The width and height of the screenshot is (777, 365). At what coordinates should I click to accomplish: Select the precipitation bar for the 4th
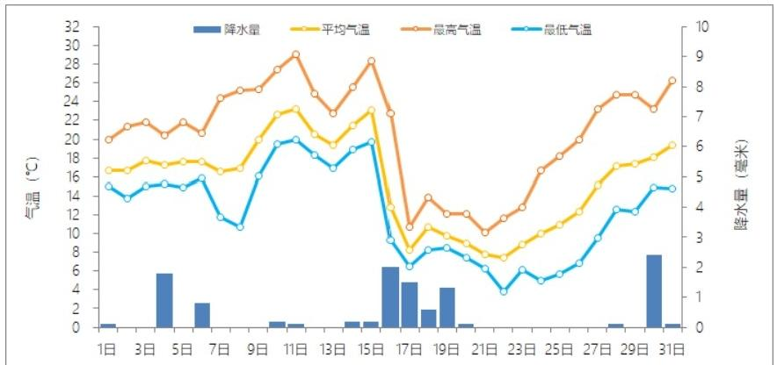point(164,300)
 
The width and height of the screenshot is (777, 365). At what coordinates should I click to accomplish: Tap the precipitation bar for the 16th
point(390,297)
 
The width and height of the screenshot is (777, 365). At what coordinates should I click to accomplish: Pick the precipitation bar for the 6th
point(202,315)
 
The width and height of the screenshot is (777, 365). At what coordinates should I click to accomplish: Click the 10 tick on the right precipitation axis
point(701,26)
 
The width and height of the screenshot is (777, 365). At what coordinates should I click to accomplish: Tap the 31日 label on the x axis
point(672,348)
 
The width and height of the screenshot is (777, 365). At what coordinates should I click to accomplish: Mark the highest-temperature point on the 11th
point(295,54)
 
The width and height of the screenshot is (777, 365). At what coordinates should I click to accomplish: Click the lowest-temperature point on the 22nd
point(504,291)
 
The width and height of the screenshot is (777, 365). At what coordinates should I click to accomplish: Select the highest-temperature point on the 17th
point(409,227)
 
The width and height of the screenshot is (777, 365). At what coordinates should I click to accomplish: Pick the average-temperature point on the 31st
point(672,145)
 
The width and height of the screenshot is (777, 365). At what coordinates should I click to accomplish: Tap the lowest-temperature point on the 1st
point(108,186)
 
